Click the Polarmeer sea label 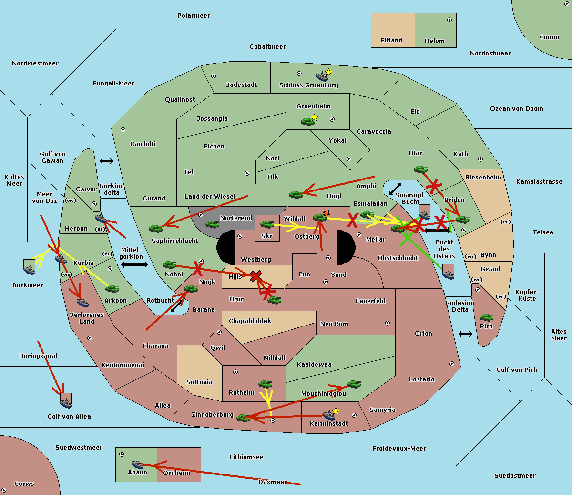[194, 16]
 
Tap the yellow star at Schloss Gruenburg [328, 73]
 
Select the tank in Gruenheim [307, 121]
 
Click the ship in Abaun [137, 464]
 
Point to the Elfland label [391, 41]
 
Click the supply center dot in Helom [449, 20]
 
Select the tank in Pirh [486, 317]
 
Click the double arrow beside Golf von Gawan [106, 161]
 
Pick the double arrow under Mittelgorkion [134, 264]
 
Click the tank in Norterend [212, 224]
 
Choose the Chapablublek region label [250, 321]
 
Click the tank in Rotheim [265, 384]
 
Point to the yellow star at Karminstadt [336, 411]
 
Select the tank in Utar [420, 169]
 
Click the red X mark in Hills [255, 276]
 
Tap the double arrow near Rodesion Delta [465, 334]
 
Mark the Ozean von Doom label [517, 109]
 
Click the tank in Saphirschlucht [155, 228]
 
